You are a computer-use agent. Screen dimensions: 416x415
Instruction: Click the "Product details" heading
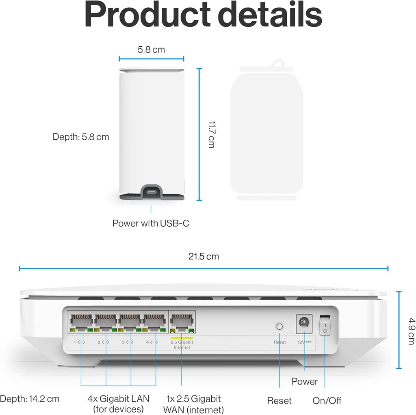point(203,15)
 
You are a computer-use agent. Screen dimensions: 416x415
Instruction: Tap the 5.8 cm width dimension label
point(151,50)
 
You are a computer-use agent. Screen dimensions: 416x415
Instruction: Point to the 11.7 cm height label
point(212,134)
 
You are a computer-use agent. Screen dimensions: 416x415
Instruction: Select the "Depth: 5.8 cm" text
point(81,137)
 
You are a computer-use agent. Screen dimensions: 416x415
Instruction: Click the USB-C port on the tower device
point(152,191)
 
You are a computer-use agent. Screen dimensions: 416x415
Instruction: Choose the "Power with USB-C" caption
point(151,223)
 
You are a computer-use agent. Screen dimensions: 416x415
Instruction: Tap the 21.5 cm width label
point(204,256)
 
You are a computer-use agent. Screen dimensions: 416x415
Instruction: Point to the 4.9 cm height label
point(411,331)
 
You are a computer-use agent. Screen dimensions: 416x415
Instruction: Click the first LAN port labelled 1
point(81,321)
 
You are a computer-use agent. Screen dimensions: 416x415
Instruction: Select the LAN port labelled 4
point(154,321)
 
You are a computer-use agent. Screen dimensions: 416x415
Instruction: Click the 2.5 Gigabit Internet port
point(182,322)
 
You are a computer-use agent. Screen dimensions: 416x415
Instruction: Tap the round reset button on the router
point(279,326)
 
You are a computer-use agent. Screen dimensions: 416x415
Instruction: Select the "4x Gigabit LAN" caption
point(118,399)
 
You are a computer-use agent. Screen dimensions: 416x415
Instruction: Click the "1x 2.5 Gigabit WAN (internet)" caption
point(193,404)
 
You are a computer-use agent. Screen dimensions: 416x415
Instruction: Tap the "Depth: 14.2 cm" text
point(30,399)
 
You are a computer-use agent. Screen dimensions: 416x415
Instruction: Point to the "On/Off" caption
point(327,400)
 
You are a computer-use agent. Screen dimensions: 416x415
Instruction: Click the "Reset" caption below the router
point(279,400)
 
